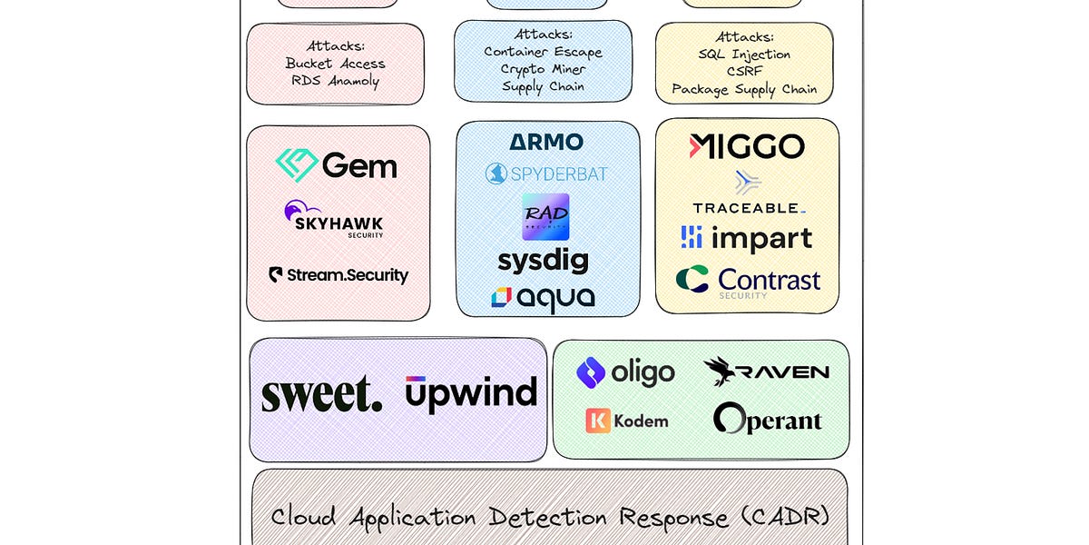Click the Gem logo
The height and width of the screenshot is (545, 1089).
(x=337, y=165)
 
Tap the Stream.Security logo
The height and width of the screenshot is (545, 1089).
(x=338, y=275)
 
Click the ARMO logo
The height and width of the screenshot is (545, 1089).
(x=546, y=143)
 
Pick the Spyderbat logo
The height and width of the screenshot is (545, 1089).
(x=546, y=173)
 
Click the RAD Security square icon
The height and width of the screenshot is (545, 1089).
(x=545, y=216)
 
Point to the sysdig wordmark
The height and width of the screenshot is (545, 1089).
(x=544, y=261)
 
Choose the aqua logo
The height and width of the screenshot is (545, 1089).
(x=544, y=297)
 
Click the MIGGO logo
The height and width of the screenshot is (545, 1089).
(x=747, y=147)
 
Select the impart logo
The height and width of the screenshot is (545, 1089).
(x=747, y=238)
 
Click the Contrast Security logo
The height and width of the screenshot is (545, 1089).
(x=749, y=281)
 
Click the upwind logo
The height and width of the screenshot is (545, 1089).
(x=471, y=393)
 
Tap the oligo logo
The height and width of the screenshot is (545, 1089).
(x=626, y=372)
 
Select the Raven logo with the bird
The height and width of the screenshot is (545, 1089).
(x=767, y=372)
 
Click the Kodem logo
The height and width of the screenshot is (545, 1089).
(x=627, y=421)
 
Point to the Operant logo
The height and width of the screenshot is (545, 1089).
(x=768, y=420)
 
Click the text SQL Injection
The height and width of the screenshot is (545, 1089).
(x=744, y=54)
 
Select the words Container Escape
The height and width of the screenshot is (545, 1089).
(x=543, y=52)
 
